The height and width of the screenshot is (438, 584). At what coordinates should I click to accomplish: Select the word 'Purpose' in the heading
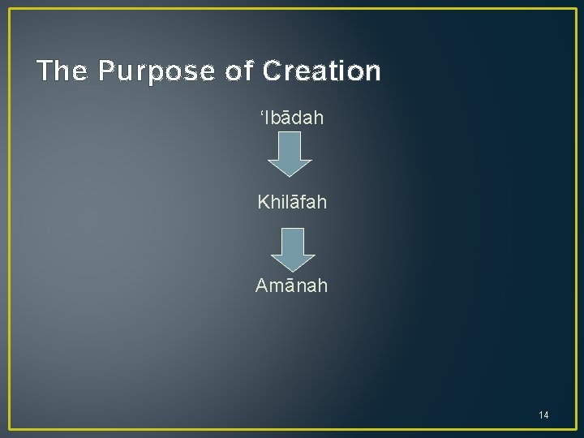(x=157, y=72)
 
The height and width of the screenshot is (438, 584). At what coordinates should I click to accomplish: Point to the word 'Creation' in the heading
(x=321, y=72)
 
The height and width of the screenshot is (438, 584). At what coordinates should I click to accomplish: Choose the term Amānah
(x=292, y=285)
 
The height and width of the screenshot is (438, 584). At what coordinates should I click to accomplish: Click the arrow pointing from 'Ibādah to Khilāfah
(x=290, y=153)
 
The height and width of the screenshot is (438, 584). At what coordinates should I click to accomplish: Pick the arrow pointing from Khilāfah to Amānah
(x=292, y=249)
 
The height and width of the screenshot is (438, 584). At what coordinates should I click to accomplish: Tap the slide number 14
(x=543, y=415)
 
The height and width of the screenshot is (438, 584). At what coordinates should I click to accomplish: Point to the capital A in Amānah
(x=262, y=285)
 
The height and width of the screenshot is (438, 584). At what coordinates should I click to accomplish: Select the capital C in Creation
(x=272, y=72)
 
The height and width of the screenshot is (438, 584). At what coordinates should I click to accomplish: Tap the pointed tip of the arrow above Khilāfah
(x=290, y=174)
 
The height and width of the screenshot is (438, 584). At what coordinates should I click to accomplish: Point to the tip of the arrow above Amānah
(x=292, y=269)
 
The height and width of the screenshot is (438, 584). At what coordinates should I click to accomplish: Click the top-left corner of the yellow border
(x=10, y=10)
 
